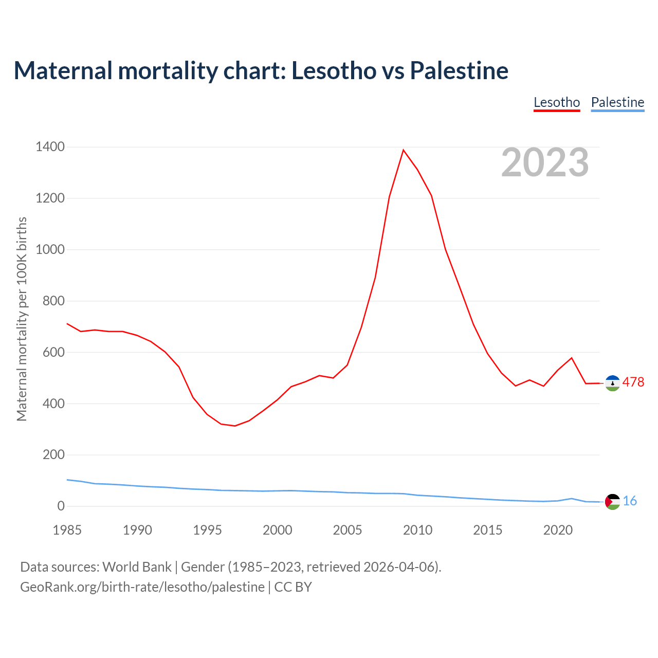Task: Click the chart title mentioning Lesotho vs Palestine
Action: [261, 71]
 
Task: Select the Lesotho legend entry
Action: [557, 102]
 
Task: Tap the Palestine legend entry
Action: [617, 102]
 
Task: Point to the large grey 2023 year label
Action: [545, 162]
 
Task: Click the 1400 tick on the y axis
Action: [50, 147]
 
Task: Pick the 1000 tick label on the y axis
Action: [50, 250]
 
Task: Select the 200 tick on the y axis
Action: [53, 455]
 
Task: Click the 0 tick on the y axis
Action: [61, 506]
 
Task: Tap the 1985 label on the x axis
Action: [67, 530]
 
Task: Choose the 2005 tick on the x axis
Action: [348, 530]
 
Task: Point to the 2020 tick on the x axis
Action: [558, 530]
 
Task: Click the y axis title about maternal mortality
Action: [22, 319]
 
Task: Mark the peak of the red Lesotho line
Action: [404, 150]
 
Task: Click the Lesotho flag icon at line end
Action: [612, 383]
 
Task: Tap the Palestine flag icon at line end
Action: [612, 501]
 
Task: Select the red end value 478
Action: [633, 382]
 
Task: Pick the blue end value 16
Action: [630, 501]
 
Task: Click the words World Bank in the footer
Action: [137, 567]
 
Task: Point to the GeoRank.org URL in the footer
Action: [142, 587]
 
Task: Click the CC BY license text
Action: [293, 587]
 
